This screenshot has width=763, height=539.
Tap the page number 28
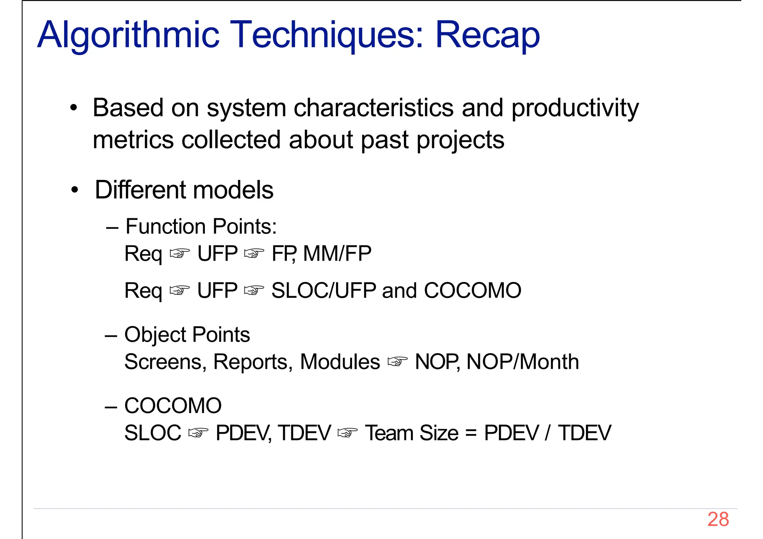pos(718,519)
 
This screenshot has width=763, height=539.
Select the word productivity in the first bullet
pos(575,108)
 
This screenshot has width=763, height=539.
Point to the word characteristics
pos(374,108)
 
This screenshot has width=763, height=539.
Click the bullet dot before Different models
pos(75,190)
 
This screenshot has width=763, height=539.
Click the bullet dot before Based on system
pos(74,108)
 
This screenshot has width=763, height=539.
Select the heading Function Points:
pos(201,226)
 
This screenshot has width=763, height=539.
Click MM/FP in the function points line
pos(337,254)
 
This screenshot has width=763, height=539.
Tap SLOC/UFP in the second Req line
pos(323,291)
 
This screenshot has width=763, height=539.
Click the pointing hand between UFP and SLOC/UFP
pos(254,291)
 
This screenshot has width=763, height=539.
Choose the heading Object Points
pos(187,335)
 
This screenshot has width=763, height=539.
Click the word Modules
pos(340,362)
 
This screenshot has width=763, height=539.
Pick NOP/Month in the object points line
pos(523,362)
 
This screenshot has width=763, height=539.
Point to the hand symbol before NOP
pos(397,362)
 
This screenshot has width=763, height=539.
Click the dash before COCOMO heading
pos(111,406)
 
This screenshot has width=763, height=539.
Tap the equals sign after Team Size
pos(471,433)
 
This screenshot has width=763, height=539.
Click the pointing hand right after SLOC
pos(198,433)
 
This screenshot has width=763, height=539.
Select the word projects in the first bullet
pos(460,140)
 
